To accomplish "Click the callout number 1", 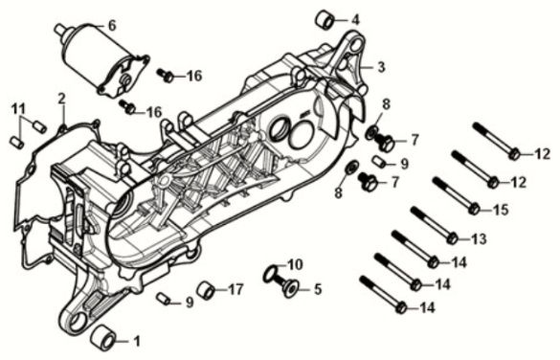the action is point(136,340).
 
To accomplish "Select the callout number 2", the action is point(61,98).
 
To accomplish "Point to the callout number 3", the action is point(380,67).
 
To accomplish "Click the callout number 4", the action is point(356,19).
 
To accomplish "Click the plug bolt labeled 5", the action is point(288,284).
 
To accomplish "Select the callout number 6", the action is point(111,26).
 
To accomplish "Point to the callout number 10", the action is point(296,264).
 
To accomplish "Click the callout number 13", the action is point(479,238).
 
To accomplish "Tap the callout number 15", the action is point(501,208).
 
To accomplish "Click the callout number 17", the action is point(235,288).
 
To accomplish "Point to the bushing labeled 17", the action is point(205,290).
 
